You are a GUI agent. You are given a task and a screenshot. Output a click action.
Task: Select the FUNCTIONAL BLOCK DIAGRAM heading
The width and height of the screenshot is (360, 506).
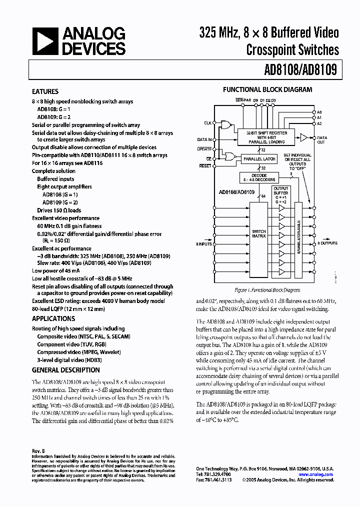267,89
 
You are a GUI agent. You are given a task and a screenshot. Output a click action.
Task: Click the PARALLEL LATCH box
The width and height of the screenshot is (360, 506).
259,158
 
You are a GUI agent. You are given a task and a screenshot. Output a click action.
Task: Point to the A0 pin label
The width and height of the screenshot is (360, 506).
319,112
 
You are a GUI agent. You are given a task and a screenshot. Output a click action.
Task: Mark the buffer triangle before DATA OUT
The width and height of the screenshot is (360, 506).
303,137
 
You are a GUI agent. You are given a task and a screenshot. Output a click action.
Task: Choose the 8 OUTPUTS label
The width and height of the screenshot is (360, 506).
327,243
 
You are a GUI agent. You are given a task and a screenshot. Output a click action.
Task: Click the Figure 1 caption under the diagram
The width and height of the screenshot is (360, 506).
267,290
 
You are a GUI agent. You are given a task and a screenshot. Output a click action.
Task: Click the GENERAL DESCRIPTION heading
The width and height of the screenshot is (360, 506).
65,370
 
